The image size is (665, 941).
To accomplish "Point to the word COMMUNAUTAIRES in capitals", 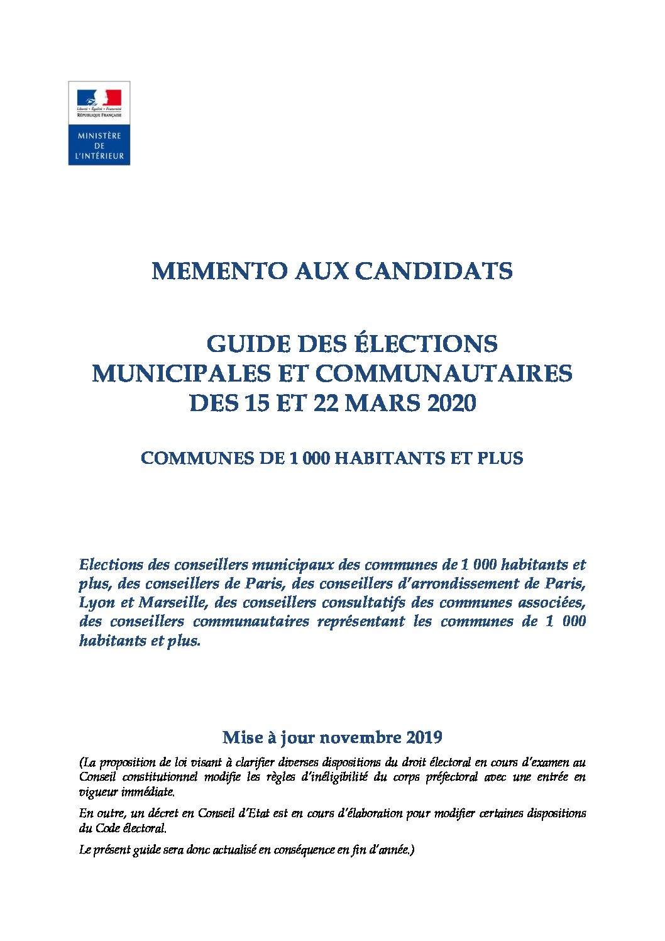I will (443, 373).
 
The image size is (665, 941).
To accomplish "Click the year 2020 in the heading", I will (451, 403).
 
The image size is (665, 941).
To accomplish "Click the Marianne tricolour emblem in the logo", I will (99, 98).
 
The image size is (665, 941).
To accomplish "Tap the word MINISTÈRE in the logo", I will (99, 136).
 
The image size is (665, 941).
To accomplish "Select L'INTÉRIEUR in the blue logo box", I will (99, 156).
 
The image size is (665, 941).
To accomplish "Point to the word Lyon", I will (97, 602).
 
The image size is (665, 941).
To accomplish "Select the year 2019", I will (424, 737).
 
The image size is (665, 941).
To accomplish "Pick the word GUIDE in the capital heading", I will (247, 344).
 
